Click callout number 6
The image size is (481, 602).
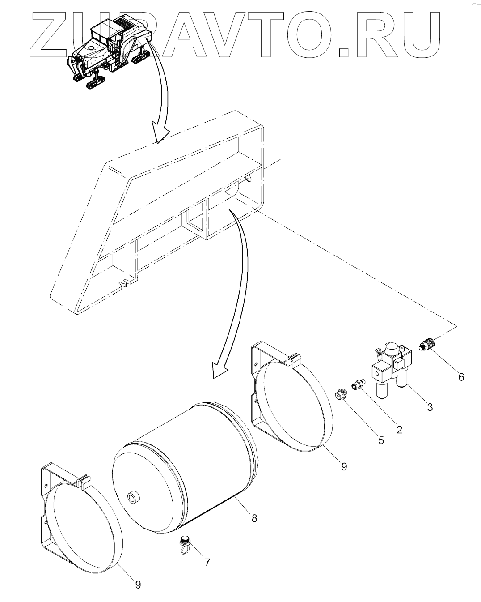click(461, 377)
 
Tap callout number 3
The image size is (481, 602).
click(430, 407)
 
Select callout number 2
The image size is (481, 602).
click(399, 429)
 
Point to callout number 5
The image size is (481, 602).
click(380, 440)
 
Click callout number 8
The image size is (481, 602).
click(254, 518)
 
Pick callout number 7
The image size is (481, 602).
click(207, 563)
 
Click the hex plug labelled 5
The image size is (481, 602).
click(341, 395)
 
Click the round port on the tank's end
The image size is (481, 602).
click(133, 498)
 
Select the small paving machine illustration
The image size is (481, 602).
click(107, 51)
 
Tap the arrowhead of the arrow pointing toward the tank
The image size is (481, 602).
click(219, 369)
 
